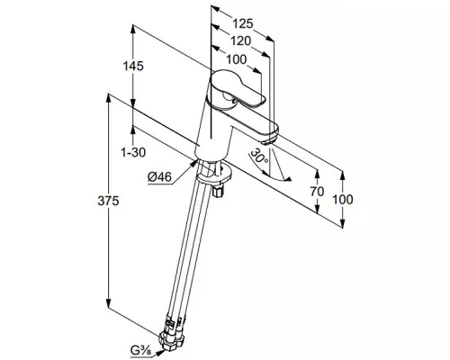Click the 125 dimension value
point(243,23)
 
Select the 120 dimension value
point(240,41)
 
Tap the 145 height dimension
point(133,66)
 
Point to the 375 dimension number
point(108,201)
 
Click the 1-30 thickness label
point(133,152)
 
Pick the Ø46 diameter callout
point(159,177)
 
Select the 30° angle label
point(259,156)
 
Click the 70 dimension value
point(317,192)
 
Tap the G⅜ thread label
point(140,350)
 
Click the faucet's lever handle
point(237,88)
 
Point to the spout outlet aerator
point(270,140)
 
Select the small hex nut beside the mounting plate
point(218,191)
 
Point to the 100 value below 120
point(236,59)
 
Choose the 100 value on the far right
point(343,200)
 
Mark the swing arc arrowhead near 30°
point(288,179)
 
